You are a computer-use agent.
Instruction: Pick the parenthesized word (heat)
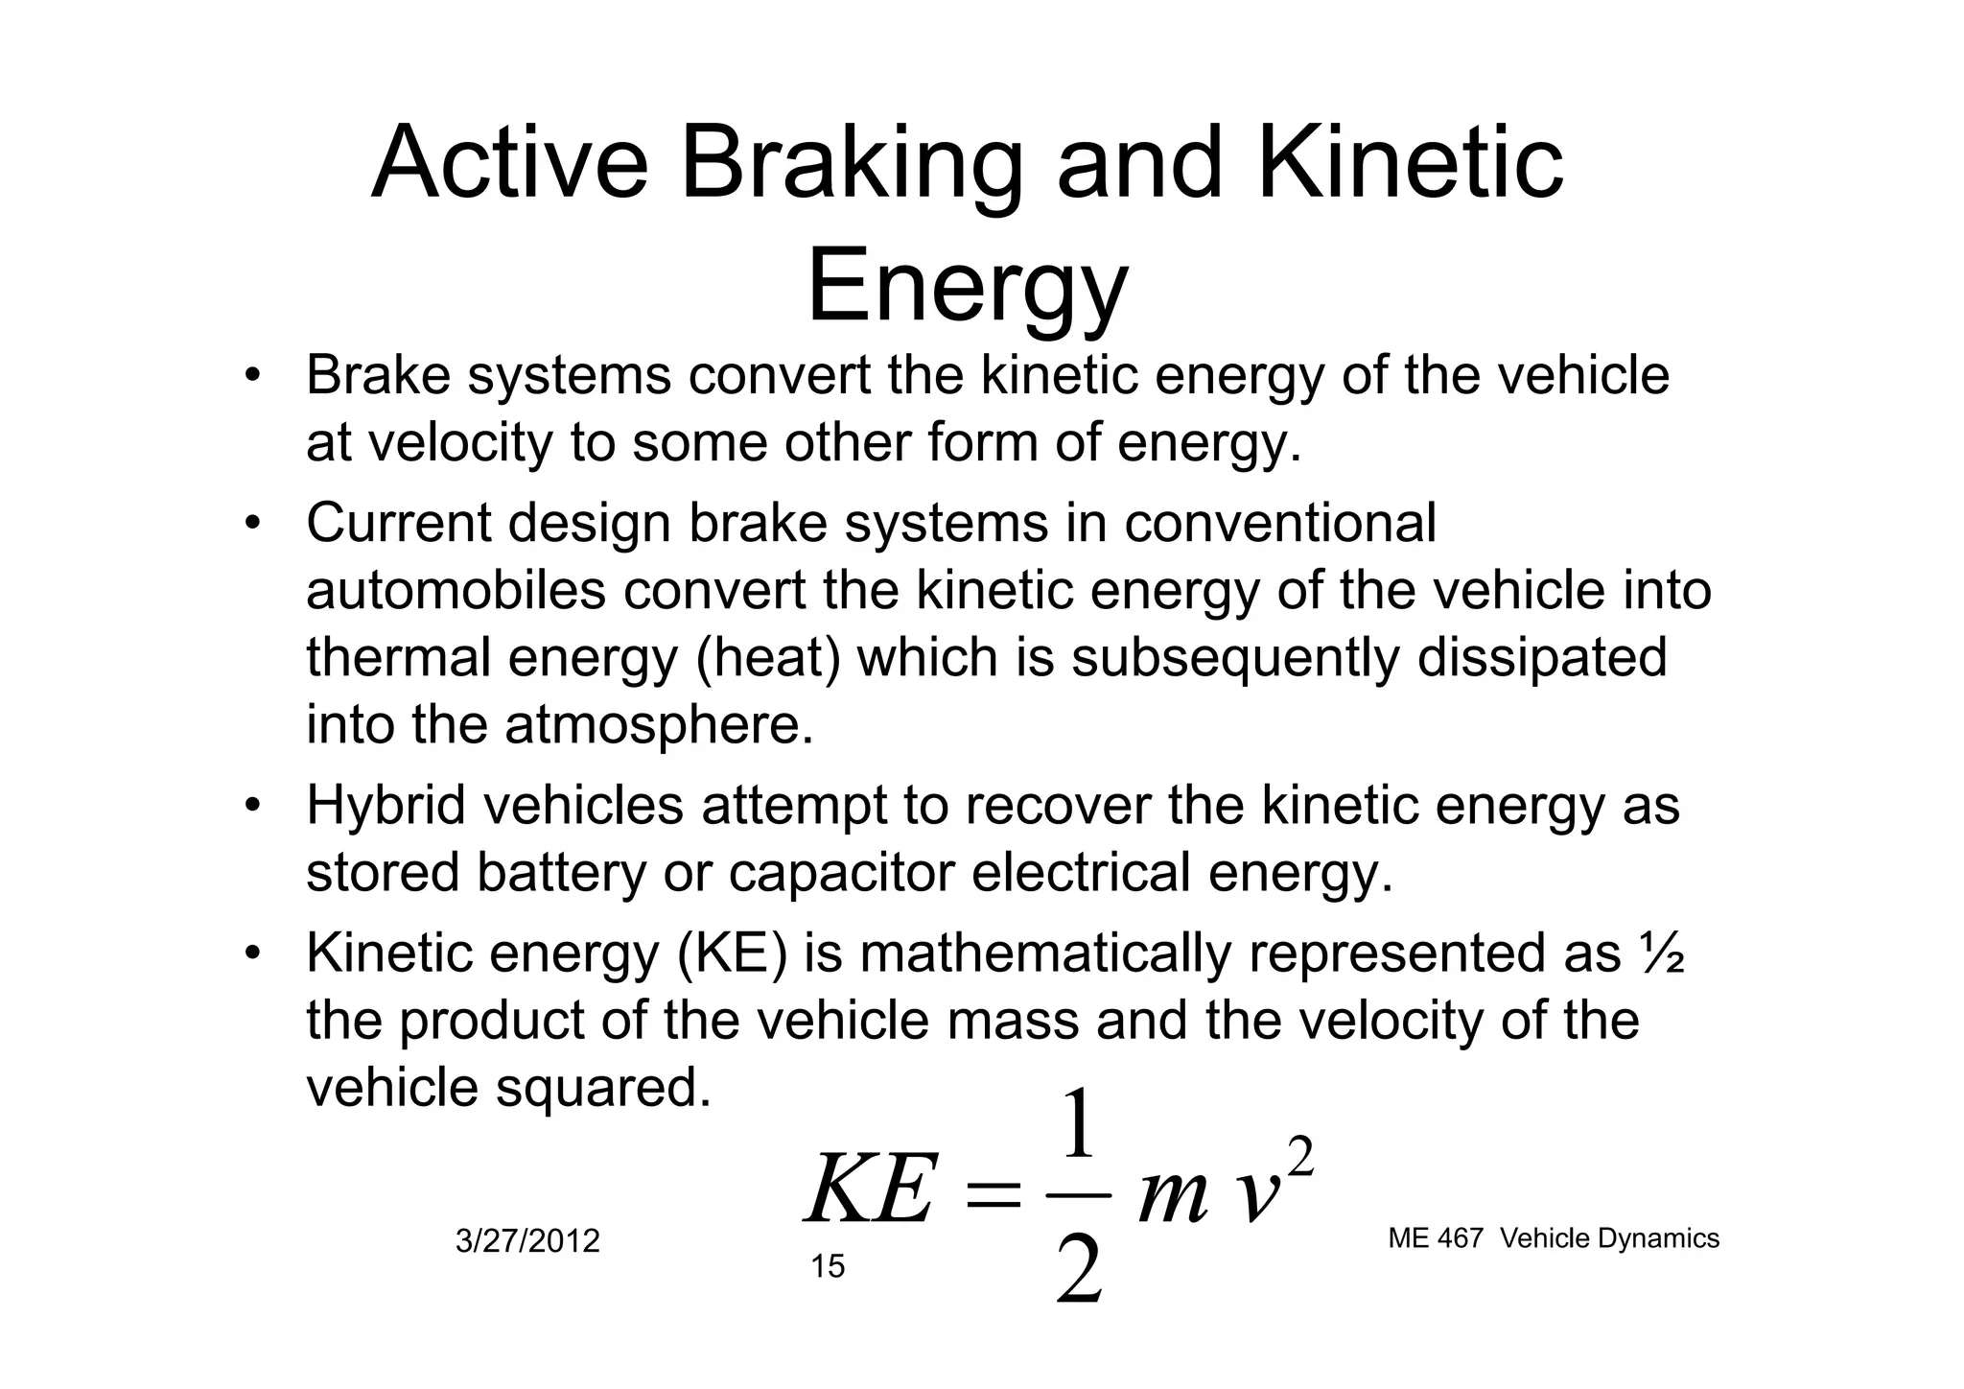pos(767,659)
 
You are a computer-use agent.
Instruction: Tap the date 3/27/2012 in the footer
pos(527,1241)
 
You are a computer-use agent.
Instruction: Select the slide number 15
pos(828,1267)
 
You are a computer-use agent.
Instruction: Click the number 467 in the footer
pos(1461,1238)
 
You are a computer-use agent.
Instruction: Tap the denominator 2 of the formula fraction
pos(1079,1268)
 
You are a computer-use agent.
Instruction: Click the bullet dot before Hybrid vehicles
pos(251,804)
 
